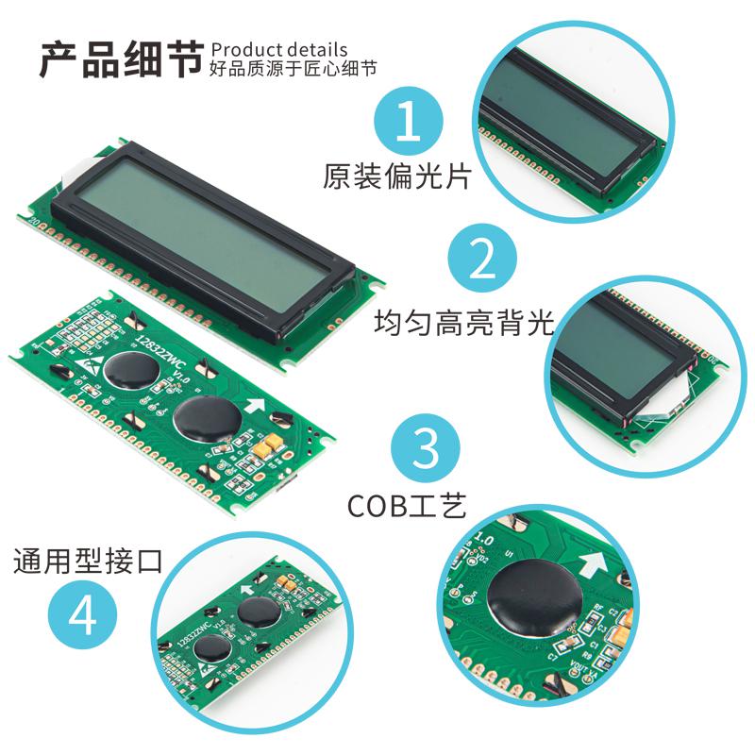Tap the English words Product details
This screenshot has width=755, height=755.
click(279, 50)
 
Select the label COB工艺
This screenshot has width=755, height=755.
click(407, 507)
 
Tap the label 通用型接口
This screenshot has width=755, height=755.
click(88, 562)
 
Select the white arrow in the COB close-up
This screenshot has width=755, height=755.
click(592, 567)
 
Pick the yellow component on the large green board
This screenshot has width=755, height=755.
click(271, 442)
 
